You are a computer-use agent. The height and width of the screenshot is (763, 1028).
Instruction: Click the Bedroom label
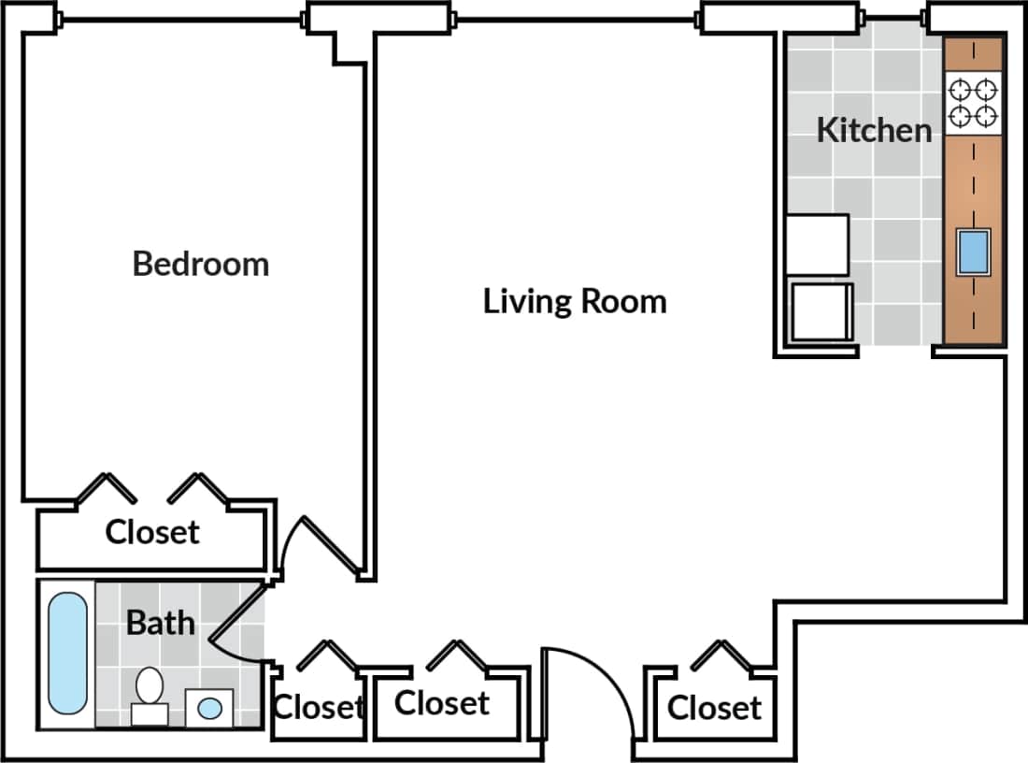(200, 264)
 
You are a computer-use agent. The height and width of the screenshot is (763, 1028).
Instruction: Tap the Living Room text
(575, 302)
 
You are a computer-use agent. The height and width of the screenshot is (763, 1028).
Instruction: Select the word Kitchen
(874, 130)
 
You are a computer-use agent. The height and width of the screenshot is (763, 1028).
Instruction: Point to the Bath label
(161, 623)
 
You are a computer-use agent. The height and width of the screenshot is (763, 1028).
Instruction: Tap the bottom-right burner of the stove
(986, 117)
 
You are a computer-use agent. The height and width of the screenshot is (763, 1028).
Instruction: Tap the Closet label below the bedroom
(152, 532)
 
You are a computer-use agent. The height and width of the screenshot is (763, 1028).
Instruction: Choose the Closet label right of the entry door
(715, 708)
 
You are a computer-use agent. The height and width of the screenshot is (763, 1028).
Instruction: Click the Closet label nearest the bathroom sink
(317, 707)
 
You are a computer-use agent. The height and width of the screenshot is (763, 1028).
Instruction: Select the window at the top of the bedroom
(182, 20)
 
